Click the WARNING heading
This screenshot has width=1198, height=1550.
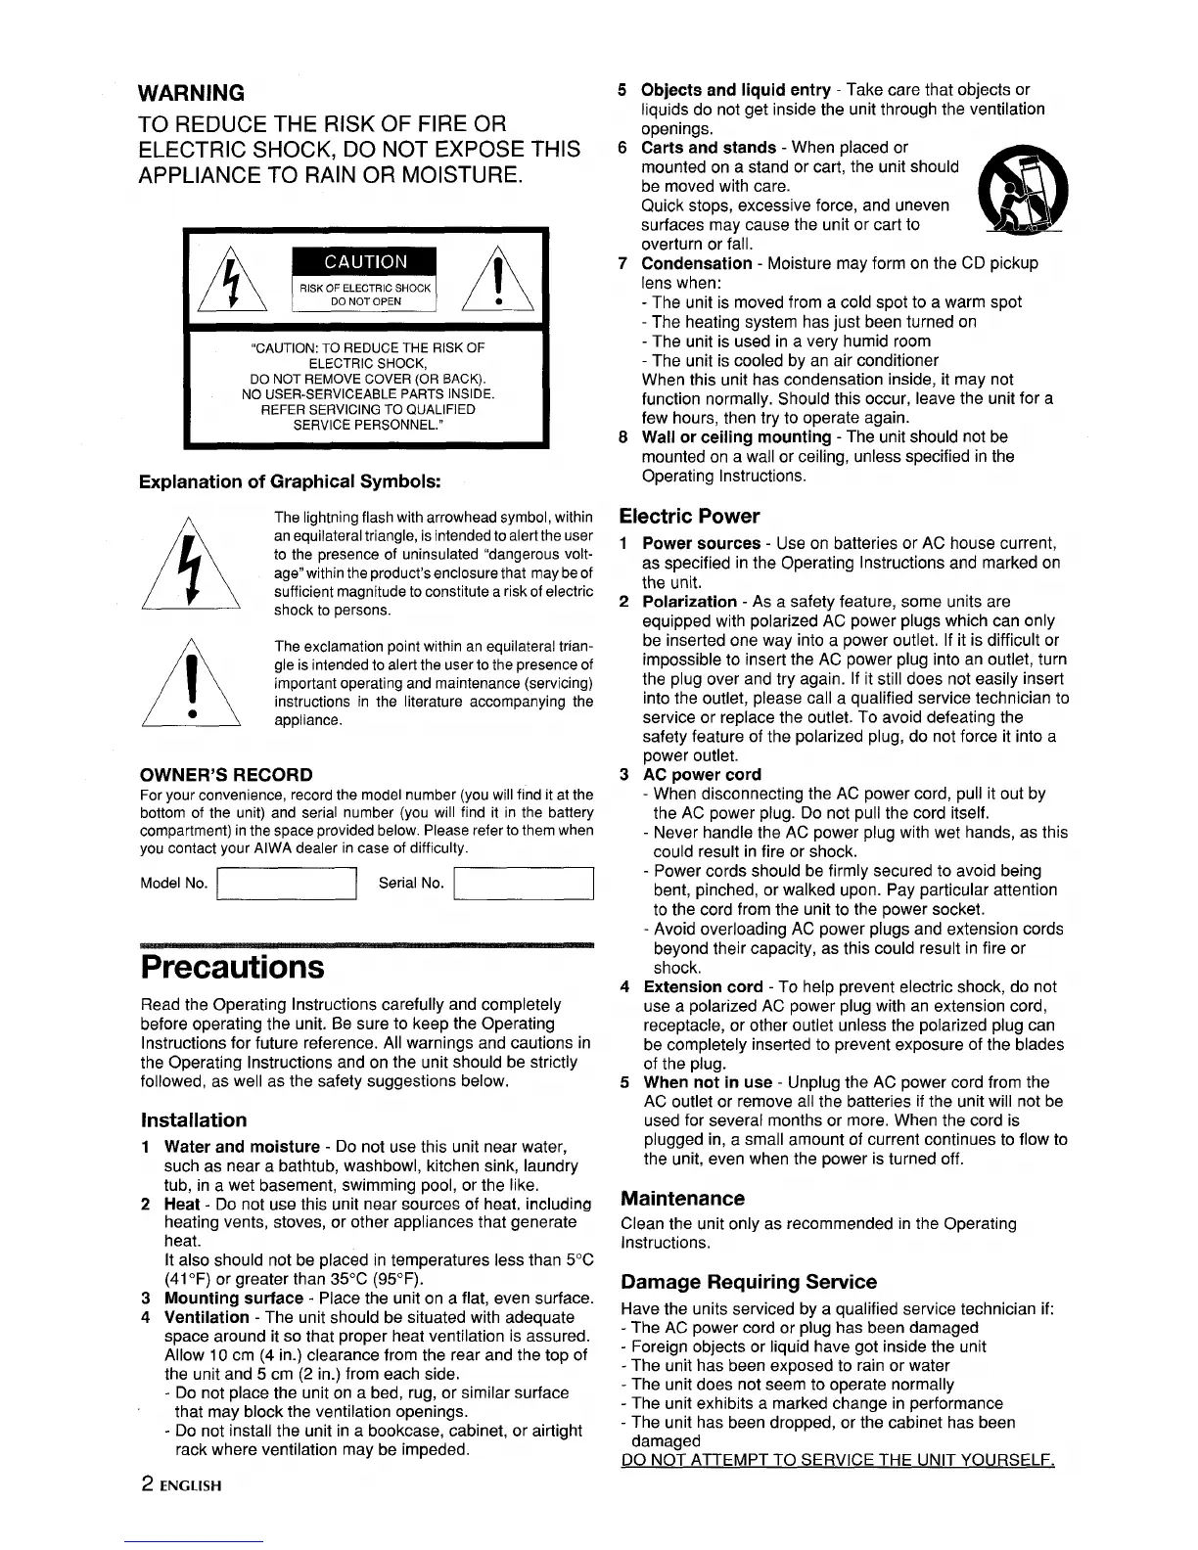192,93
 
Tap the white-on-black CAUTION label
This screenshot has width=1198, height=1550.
366,261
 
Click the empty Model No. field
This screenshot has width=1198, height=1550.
285,884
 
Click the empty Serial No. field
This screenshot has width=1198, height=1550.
526,884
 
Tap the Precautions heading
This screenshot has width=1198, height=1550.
232,967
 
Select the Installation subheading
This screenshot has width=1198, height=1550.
194,1119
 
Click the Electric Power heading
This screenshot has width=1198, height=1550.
689,516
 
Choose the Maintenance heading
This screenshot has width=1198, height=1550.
682,1198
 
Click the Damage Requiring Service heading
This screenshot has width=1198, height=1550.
749,1282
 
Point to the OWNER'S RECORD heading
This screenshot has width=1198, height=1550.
227,774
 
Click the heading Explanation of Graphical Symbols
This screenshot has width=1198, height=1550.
290,481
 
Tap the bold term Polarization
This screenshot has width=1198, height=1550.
689,601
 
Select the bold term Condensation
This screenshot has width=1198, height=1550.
696,263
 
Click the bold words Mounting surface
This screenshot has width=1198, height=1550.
233,1299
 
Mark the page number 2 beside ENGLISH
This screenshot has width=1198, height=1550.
146,1483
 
